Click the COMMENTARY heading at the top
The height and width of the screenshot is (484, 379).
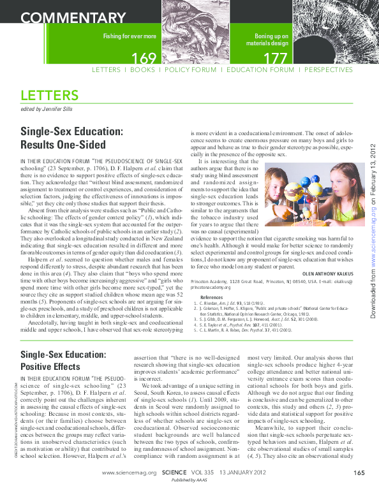click(x=67, y=17)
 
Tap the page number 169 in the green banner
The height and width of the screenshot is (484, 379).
click(x=144, y=59)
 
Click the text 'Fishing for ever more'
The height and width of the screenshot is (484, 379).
click(x=130, y=37)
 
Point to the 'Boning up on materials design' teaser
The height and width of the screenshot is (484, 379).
click(x=272, y=40)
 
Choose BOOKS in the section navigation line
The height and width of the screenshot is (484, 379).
click(x=142, y=70)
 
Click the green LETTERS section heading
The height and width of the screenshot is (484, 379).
click(x=49, y=96)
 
